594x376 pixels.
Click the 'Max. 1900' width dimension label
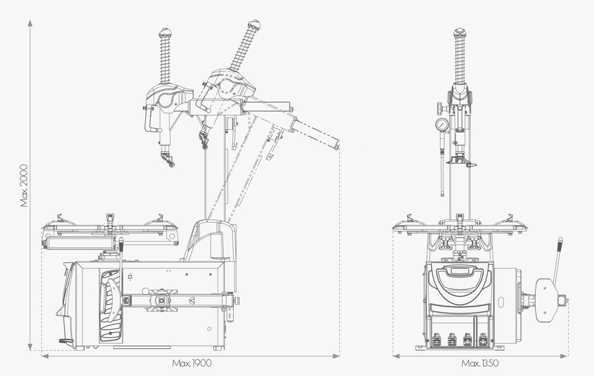coord(191,363)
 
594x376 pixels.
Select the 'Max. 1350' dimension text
coord(480,363)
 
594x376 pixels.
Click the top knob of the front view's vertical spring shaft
coord(461,32)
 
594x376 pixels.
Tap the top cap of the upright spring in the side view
coord(165,32)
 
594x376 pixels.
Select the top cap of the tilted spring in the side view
coord(253,25)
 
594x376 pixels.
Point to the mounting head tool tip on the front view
coord(461,162)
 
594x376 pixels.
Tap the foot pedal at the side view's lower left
coord(65,341)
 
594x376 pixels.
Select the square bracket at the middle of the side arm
coord(160,300)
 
